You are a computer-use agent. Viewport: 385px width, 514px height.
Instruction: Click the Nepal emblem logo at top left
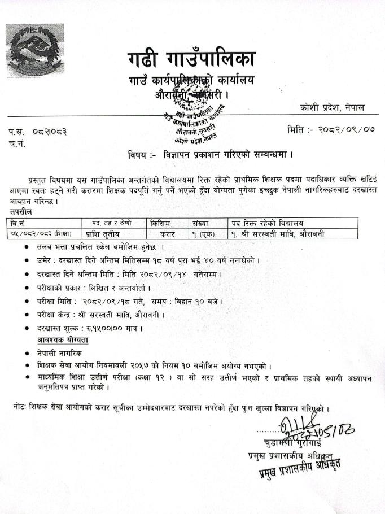click(34, 50)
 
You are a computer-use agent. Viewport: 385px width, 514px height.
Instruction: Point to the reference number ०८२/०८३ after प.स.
click(50, 132)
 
